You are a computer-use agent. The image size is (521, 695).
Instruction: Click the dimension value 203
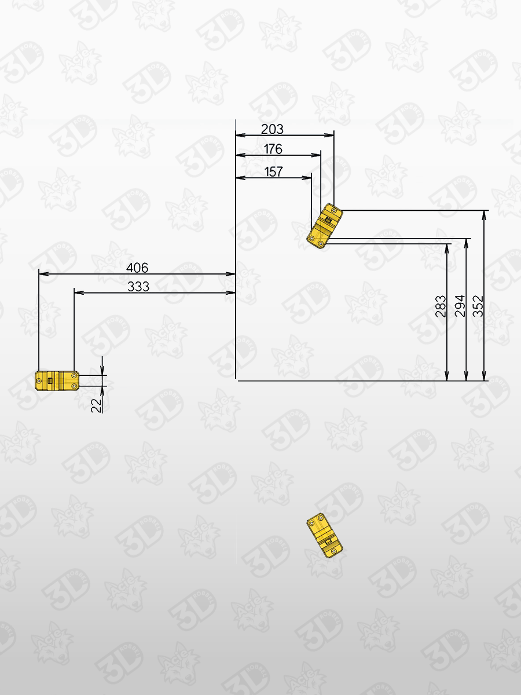coord(272,129)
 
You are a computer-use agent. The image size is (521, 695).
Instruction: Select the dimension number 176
coord(273,149)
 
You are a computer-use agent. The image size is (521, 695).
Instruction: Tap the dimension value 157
coord(273,171)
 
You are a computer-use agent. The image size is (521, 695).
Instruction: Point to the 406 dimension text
coord(137,268)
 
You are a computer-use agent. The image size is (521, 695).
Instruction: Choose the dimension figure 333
coord(138,286)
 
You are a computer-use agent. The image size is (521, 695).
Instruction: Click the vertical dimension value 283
coord(441,306)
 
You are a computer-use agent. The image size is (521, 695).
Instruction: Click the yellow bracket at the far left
coord(57,381)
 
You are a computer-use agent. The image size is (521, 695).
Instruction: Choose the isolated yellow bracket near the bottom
coord(324,535)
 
